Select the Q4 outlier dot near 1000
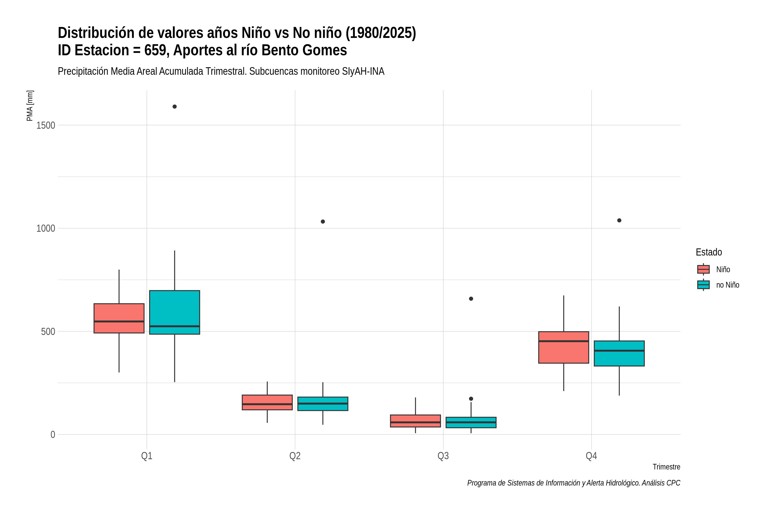[619, 220]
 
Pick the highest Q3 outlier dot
[471, 299]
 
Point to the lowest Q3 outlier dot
[471, 399]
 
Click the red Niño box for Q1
[119, 318]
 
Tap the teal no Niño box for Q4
[619, 353]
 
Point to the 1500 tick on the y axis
[46, 125]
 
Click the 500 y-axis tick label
[48, 331]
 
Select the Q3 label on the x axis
[443, 456]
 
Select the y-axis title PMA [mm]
[30, 106]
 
